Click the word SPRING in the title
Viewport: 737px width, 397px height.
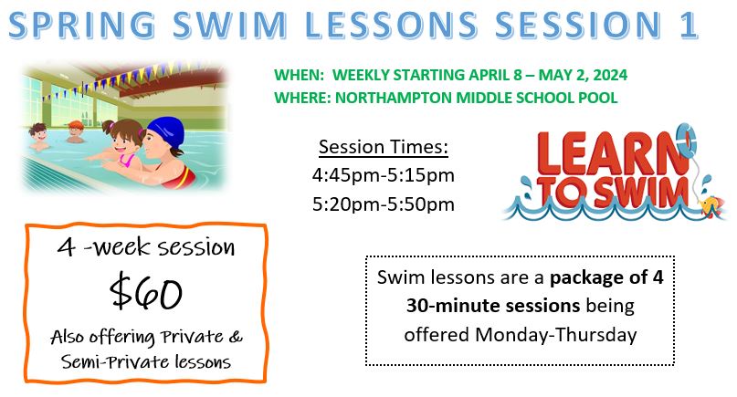tap(102, 26)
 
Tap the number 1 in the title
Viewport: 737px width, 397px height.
tap(686, 26)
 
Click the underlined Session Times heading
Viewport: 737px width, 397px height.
tap(383, 146)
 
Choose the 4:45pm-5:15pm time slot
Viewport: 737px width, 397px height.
tap(383, 174)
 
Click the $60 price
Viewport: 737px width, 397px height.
tap(146, 293)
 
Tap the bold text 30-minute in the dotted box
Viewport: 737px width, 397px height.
tap(451, 305)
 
